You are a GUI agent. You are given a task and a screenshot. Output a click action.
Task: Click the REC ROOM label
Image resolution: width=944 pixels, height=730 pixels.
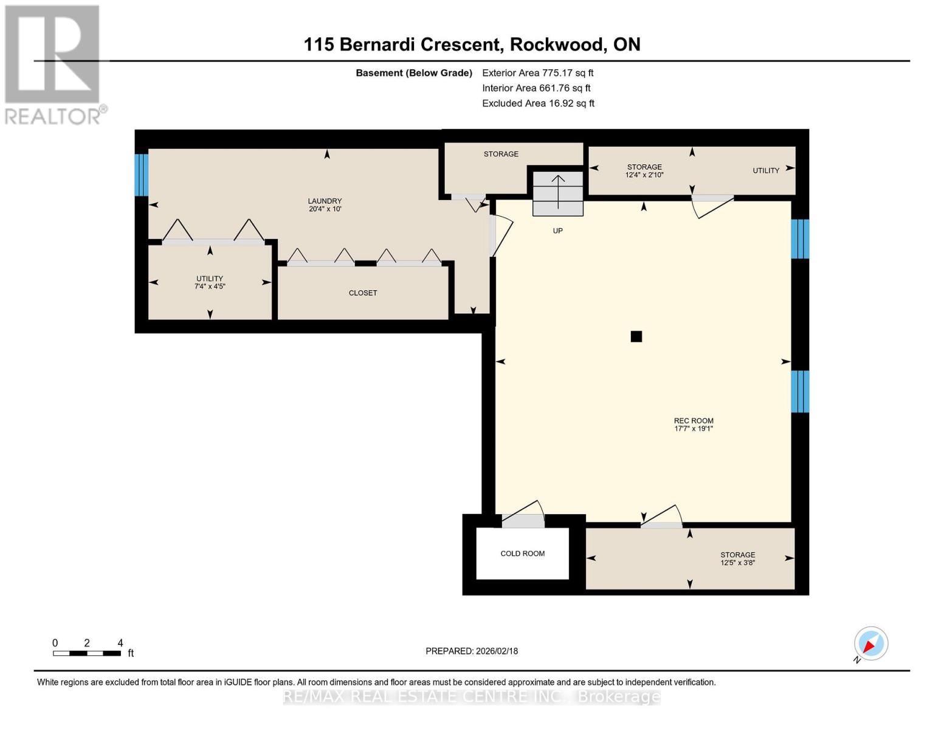694,421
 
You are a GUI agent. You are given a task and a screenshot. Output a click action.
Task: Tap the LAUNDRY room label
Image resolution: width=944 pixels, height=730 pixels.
325,201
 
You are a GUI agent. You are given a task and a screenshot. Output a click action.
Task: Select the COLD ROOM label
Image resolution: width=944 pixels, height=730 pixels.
522,554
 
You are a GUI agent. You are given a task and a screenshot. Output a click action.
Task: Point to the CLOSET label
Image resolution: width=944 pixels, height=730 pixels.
363,293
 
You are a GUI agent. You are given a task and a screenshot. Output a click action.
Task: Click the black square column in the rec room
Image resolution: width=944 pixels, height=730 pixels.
636,336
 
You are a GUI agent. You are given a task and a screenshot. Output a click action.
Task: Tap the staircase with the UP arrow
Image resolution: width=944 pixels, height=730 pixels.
558,193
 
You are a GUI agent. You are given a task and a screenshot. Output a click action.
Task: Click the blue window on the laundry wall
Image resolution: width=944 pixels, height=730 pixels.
142,175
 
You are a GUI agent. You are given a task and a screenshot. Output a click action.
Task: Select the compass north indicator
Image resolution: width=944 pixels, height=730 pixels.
870,644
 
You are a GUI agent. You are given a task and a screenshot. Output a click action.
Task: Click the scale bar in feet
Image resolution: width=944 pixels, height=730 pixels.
87,653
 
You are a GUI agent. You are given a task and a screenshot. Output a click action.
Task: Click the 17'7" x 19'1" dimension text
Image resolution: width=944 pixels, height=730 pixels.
694,429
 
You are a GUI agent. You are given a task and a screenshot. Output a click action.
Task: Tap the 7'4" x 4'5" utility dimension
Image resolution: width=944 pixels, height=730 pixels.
210,287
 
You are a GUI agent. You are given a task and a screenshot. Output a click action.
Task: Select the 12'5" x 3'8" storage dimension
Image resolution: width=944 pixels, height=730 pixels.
738,563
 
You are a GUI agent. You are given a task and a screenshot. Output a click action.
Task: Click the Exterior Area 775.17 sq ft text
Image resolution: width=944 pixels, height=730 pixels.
537,73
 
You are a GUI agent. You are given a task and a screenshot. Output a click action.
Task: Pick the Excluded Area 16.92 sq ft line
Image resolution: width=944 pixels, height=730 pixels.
538,103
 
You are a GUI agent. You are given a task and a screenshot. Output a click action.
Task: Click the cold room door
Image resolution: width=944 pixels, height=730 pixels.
523,514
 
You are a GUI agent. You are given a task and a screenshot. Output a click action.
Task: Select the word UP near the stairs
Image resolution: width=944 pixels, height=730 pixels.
558,231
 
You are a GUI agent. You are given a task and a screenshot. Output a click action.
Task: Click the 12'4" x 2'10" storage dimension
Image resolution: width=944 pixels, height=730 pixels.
644,175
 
